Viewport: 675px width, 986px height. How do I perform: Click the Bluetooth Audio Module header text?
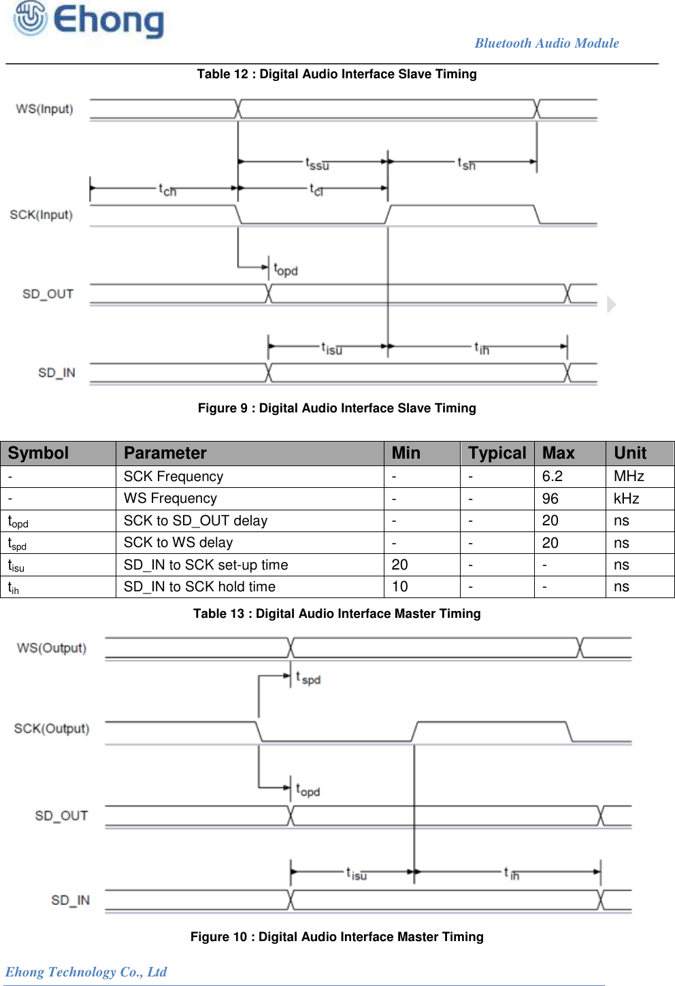(x=546, y=43)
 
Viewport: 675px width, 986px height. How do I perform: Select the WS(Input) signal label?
(x=45, y=109)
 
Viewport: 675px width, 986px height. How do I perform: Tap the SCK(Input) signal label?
(x=42, y=215)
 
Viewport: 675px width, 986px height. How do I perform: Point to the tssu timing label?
(x=317, y=164)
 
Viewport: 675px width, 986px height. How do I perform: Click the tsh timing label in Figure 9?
(x=466, y=164)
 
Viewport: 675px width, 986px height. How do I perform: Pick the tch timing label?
(x=167, y=190)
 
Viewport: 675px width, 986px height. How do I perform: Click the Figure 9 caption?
(x=337, y=408)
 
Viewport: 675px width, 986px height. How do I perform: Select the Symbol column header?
(x=39, y=453)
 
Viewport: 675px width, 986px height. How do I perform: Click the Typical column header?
(x=497, y=453)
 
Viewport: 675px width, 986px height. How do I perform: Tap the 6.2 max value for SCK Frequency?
(x=552, y=476)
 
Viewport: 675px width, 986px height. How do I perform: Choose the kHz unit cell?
(x=626, y=499)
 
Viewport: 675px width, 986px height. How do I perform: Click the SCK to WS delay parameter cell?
(x=178, y=542)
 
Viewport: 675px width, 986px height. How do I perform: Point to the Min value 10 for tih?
(x=400, y=587)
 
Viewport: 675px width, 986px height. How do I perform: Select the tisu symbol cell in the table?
(x=16, y=565)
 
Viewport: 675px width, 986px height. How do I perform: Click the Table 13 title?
(x=337, y=614)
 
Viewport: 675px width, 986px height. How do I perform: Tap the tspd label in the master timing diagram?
(x=308, y=678)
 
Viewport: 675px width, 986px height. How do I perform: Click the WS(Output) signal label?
(x=52, y=648)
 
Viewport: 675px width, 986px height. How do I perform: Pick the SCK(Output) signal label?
(x=52, y=729)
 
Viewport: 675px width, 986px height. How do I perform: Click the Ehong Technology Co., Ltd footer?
(x=86, y=972)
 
